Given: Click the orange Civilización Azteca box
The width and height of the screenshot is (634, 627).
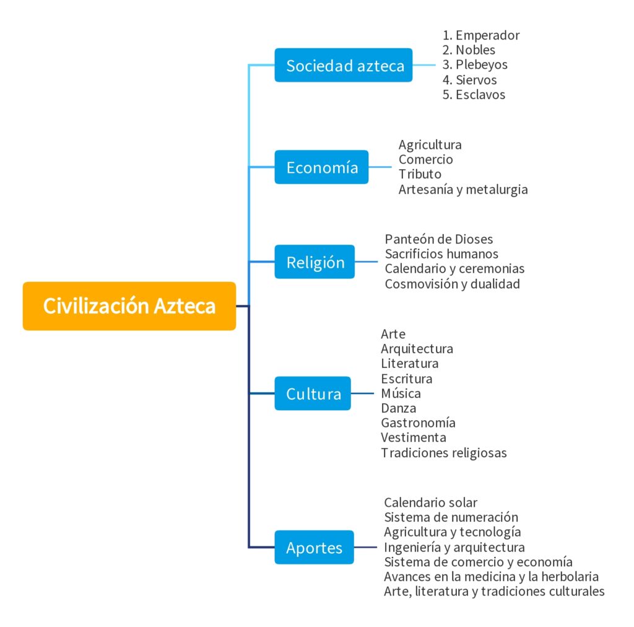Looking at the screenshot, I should [129, 306].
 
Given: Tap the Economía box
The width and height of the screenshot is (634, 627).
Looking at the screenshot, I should [321, 167].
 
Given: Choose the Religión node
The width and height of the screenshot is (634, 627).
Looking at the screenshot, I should [315, 262].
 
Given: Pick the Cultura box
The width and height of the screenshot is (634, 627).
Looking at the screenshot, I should [313, 393].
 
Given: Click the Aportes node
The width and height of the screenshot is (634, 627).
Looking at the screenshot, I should [314, 548].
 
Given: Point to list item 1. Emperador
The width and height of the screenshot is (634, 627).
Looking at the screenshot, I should [481, 35].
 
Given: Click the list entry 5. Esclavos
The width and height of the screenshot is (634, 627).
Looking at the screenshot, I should [474, 95].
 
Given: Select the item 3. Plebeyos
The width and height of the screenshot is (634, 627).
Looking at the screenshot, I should [475, 65].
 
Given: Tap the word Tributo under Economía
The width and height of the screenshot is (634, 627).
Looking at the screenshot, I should [420, 174].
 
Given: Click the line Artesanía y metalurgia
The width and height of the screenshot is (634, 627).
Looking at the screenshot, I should [463, 189].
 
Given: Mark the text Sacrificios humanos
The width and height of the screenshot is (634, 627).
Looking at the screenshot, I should [441, 253].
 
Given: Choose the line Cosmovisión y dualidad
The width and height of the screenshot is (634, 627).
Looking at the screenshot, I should [452, 284].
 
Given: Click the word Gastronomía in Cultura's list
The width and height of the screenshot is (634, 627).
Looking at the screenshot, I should [418, 423].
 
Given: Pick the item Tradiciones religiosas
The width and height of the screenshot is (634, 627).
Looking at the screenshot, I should [444, 452].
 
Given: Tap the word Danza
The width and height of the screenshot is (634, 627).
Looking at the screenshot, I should [398, 408].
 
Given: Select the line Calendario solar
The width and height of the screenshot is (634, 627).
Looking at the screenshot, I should [430, 502].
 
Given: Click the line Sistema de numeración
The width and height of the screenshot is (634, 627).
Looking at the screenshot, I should [451, 517].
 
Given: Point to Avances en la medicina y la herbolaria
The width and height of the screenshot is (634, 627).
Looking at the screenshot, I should [491, 576].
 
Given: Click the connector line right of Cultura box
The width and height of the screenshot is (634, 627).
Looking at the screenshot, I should [363, 393].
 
